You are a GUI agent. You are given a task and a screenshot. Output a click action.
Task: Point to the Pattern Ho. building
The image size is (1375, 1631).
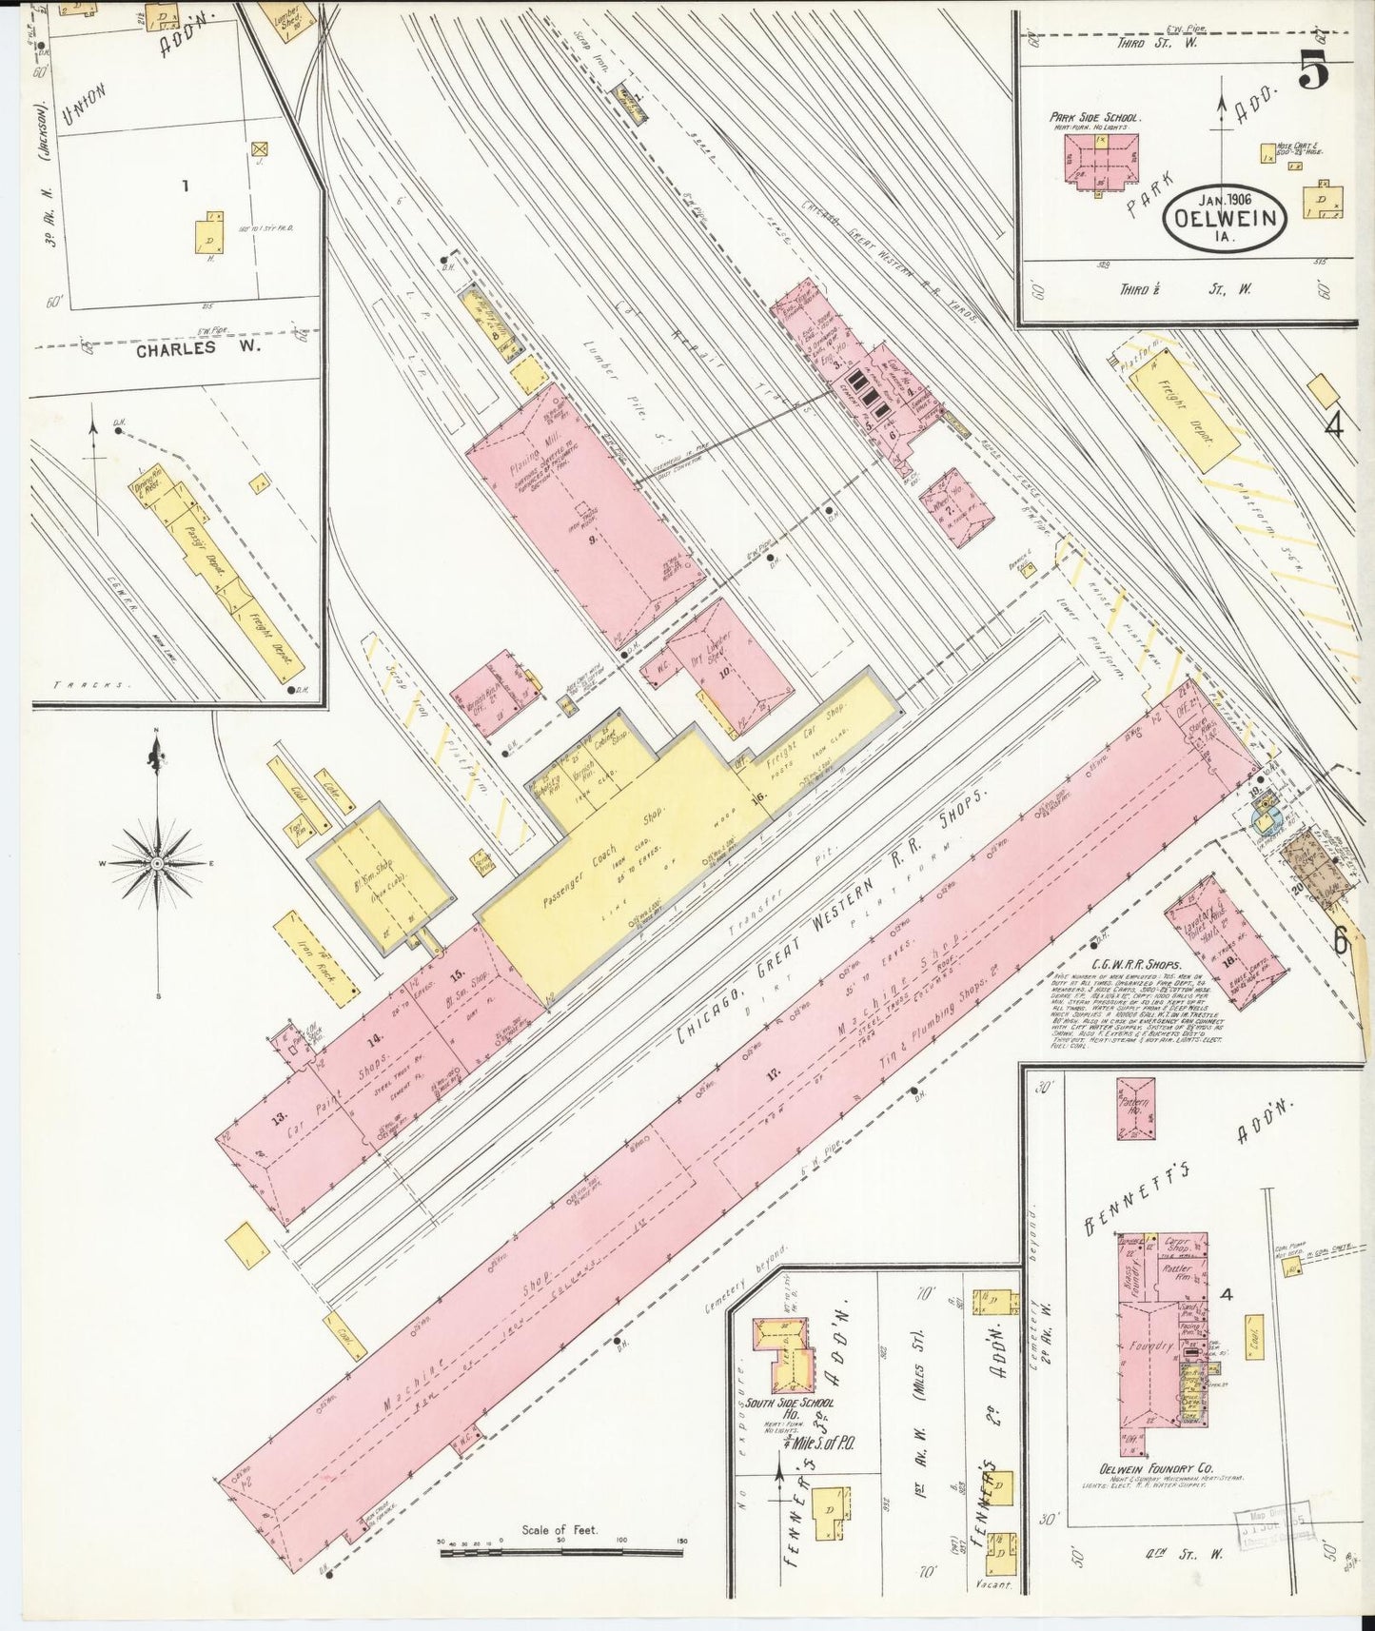tap(1136, 1109)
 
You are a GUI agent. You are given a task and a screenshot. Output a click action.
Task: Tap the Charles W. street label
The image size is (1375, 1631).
tap(199, 349)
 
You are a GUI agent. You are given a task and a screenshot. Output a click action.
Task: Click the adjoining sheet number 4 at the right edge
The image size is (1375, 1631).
tap(1333, 424)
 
